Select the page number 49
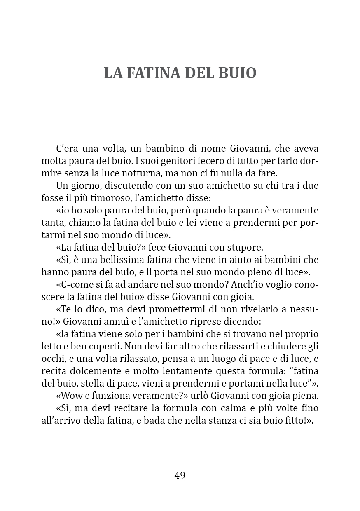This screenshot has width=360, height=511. [180, 475]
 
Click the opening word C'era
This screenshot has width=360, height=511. [68, 148]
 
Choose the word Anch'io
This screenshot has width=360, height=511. [249, 286]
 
